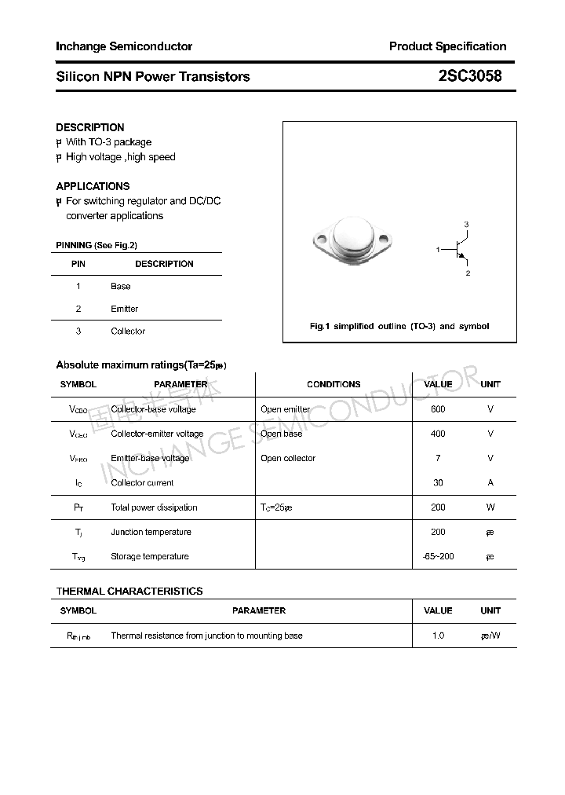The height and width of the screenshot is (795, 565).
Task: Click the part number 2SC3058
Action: coord(469,76)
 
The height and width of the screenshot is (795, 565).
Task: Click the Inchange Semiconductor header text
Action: coord(124,46)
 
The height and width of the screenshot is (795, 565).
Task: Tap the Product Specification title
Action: coord(447,46)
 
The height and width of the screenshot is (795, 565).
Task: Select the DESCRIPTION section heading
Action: coord(90,127)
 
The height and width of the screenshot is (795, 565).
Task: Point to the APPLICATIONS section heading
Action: coord(93,186)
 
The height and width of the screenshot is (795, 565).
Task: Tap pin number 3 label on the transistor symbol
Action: coord(466,225)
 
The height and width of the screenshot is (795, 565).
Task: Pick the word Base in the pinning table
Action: coord(121,287)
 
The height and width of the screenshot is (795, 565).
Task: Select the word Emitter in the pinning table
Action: coord(124,309)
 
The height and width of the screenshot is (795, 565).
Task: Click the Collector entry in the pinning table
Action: coord(128,332)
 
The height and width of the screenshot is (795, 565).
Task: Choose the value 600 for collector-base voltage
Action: coord(438,409)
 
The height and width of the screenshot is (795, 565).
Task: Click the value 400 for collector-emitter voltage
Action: coord(438,434)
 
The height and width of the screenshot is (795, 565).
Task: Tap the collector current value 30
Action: coord(438,483)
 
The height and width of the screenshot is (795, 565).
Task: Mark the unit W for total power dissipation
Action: coord(490,507)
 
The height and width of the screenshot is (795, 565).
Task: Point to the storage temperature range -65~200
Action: coord(438,557)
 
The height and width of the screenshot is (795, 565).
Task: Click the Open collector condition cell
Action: coord(288,459)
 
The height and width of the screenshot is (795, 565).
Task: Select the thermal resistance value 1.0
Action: coord(438,636)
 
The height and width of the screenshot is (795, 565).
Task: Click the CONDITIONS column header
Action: coord(334,385)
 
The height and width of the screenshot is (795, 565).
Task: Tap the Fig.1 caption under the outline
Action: coord(399,326)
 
